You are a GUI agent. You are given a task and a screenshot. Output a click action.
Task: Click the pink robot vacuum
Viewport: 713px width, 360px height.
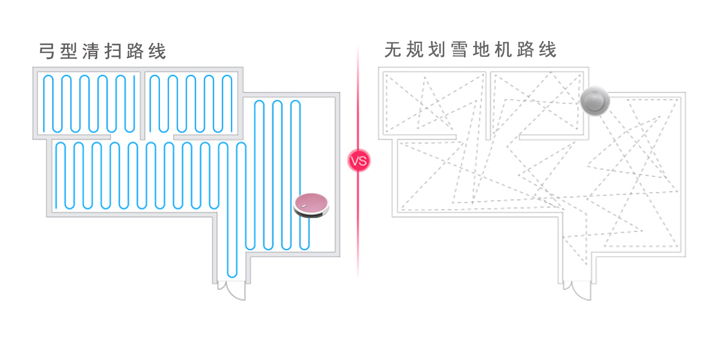311,205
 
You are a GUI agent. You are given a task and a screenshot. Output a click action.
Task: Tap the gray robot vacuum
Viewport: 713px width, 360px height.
595,100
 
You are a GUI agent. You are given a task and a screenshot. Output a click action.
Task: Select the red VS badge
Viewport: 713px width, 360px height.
358,161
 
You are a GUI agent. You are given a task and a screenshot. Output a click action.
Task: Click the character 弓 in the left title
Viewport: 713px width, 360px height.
47,51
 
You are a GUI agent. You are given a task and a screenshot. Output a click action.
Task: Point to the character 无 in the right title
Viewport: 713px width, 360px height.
392,50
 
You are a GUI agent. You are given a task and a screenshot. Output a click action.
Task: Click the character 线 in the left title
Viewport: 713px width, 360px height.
157,51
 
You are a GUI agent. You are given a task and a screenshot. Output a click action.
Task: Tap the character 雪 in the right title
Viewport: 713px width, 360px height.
459,50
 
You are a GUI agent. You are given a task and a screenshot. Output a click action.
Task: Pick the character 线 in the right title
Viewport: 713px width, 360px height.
548,50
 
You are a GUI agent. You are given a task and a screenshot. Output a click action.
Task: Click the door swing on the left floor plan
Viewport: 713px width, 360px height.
232,291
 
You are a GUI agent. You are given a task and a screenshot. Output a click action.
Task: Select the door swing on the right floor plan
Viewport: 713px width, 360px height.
578,291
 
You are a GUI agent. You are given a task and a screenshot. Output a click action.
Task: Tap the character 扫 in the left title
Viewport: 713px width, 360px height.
113,51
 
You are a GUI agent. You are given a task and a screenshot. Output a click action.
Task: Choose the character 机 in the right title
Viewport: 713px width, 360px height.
503,50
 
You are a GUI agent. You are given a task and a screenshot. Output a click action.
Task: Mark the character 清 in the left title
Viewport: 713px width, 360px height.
91,51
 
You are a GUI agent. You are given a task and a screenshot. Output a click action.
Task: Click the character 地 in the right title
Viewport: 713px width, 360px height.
481,50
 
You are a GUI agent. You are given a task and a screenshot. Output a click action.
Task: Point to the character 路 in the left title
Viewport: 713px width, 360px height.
135,51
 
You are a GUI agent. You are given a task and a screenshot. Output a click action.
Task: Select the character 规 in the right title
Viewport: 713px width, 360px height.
415,50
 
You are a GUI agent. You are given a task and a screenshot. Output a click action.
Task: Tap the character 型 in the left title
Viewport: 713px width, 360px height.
69,51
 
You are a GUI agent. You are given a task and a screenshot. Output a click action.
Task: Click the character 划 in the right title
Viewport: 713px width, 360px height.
437,50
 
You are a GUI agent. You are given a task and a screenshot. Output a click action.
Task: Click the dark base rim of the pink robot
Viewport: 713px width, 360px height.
312,215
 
